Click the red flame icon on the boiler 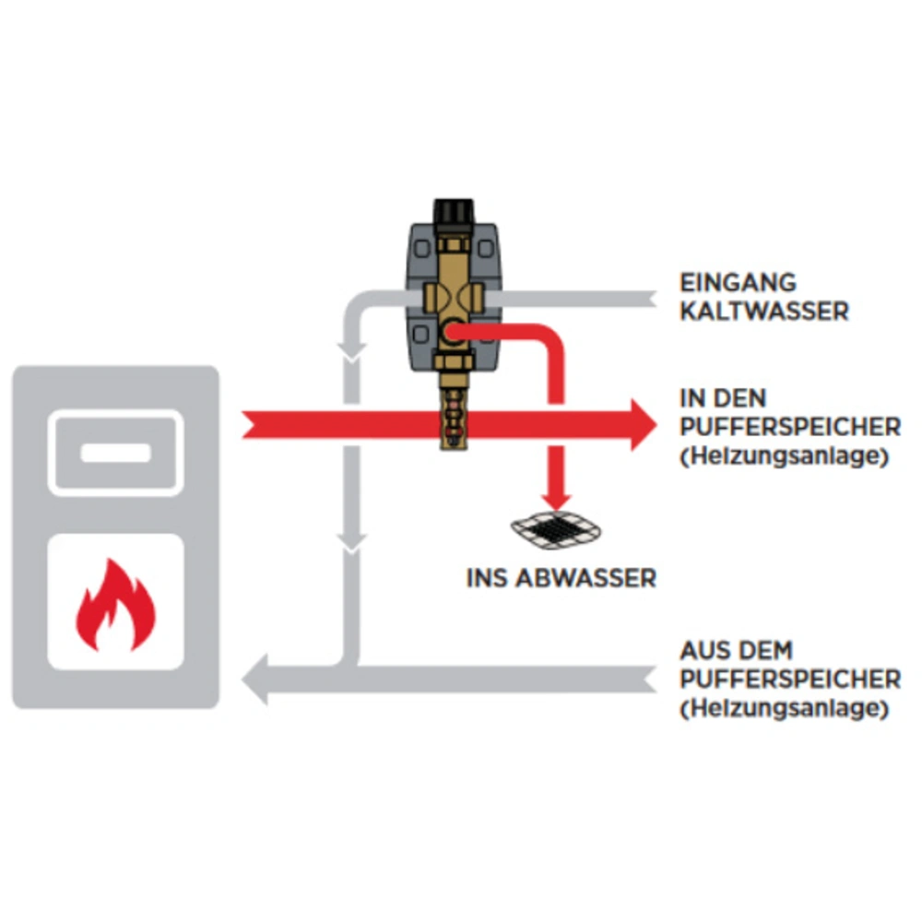(115, 604)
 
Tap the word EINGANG (738, 282)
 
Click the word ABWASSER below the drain (598, 578)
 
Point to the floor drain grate (558, 529)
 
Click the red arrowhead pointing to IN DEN (642, 426)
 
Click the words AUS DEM (736, 651)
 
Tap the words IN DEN (723, 399)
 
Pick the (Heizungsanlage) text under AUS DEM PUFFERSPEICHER (784, 709)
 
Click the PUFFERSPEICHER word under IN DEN (790, 428)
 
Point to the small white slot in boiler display (115, 453)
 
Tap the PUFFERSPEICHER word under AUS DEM (790, 680)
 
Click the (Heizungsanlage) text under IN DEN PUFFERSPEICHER (784, 457)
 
